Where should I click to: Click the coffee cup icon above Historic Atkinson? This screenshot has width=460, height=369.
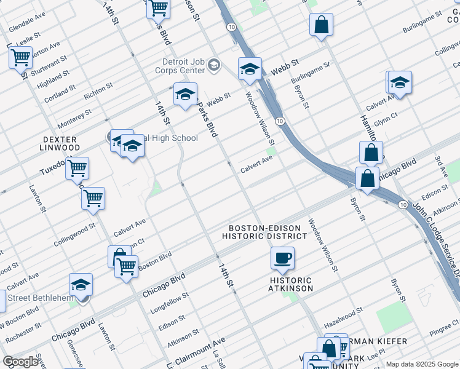[282, 258]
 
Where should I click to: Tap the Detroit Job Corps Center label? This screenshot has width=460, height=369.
[183, 66]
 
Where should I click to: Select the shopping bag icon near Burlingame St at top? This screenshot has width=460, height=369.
[321, 25]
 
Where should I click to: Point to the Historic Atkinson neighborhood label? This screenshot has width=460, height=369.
[290, 284]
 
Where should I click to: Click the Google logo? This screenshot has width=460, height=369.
[20, 362]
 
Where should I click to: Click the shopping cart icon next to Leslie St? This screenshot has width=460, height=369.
[21, 58]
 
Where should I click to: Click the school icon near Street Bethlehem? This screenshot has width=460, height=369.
[81, 284]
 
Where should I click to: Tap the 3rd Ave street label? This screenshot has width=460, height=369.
[441, 166]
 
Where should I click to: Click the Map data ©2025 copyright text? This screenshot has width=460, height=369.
[422, 364]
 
